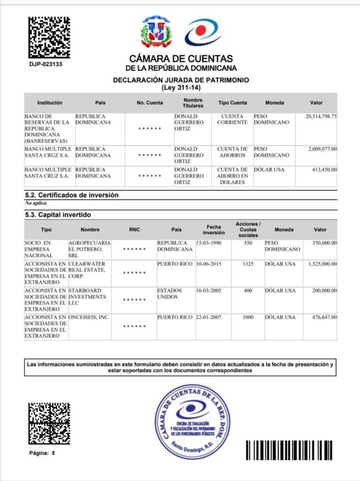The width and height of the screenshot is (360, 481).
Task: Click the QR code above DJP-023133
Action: pos(49,37)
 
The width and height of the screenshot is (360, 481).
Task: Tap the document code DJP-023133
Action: pos(46,64)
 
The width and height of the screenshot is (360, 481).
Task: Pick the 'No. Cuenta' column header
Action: pos(150,103)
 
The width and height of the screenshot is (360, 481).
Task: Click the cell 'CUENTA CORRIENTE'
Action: pos(232,119)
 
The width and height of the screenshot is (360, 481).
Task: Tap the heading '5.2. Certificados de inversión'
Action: pos(71,195)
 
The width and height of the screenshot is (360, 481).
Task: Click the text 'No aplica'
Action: pos(36,203)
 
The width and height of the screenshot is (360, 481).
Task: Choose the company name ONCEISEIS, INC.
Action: pos(89,318)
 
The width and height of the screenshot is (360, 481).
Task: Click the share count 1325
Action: pos(248,264)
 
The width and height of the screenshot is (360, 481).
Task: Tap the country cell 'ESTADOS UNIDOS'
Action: pos(170,294)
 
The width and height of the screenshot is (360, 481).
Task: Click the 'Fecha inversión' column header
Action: pos(213,230)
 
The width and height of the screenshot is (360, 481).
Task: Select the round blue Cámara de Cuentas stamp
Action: pos(192,421)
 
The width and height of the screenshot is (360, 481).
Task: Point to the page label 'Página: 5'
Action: pos(42,453)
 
